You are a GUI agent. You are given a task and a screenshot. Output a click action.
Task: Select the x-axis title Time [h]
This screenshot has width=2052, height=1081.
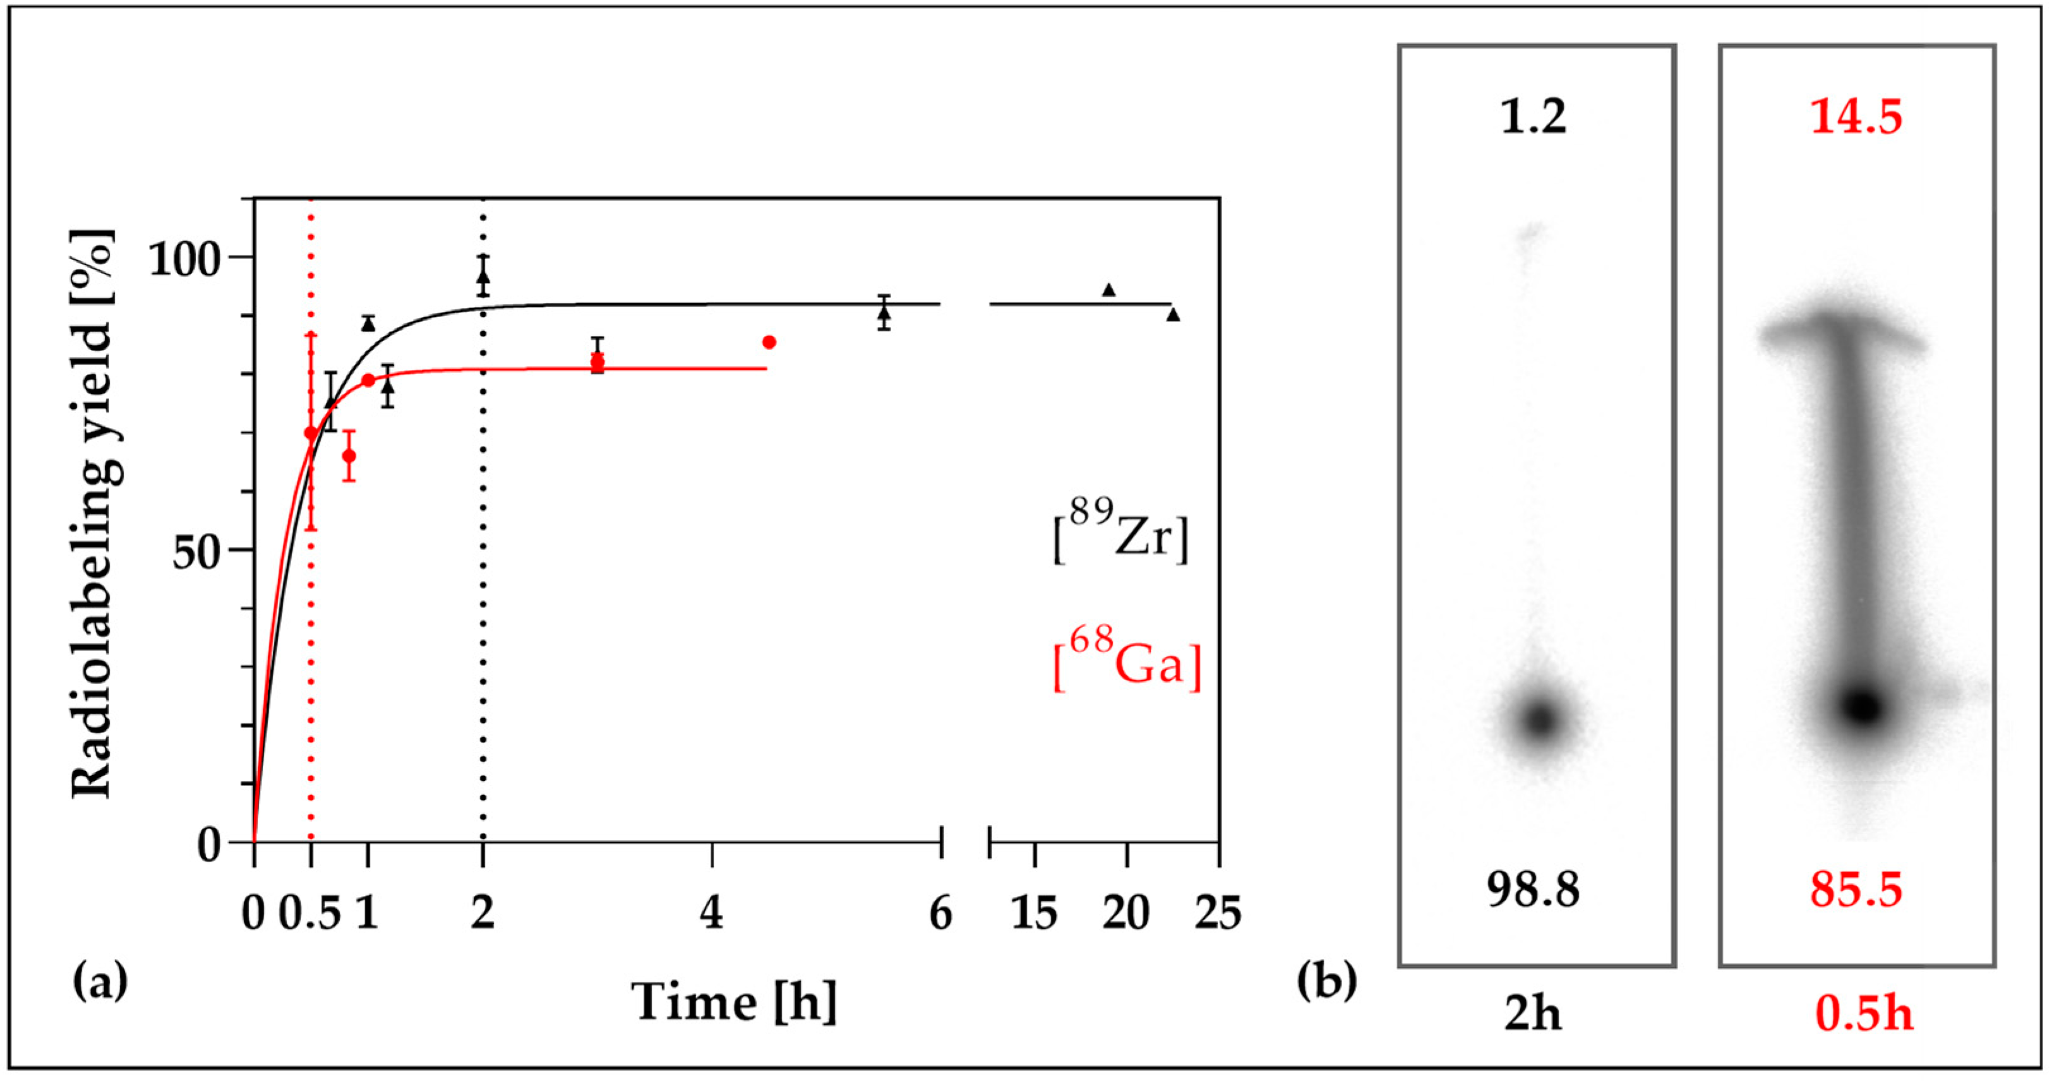point(735,1002)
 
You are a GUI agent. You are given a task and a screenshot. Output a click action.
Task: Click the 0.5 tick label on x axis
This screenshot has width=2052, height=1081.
point(310,913)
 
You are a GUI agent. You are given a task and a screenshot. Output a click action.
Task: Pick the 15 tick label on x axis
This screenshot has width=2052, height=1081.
point(1034,913)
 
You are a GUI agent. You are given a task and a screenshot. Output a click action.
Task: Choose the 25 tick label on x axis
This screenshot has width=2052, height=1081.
point(1218,913)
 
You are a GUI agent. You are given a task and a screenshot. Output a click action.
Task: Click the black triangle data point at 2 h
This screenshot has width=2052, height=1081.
point(483,277)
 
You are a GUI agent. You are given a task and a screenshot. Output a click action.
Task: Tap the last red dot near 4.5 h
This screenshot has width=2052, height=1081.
point(769,342)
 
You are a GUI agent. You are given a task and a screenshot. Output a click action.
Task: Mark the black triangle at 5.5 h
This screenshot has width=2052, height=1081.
point(884,313)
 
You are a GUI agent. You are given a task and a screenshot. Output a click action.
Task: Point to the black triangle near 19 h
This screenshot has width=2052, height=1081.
point(1108,289)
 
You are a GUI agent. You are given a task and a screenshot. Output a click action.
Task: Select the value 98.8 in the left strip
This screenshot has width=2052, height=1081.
point(1533,890)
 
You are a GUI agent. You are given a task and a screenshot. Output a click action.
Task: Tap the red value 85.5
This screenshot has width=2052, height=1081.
point(1856,890)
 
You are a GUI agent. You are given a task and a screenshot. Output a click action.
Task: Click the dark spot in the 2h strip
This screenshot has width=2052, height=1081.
point(1540,719)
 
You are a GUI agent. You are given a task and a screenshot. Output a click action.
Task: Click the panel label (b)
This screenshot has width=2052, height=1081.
point(1327,982)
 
